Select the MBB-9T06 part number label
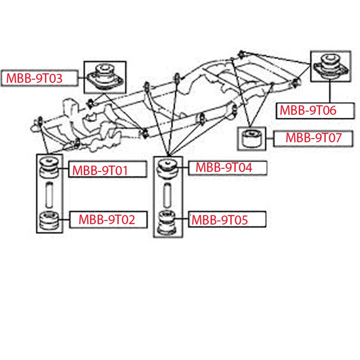point(308,110)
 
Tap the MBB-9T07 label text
point(314,138)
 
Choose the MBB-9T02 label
point(107,220)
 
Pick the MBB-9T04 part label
point(224,168)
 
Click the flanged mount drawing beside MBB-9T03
point(104,76)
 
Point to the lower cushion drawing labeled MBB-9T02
point(49,220)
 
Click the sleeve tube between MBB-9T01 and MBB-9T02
point(49,193)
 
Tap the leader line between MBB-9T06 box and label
point(330,92)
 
